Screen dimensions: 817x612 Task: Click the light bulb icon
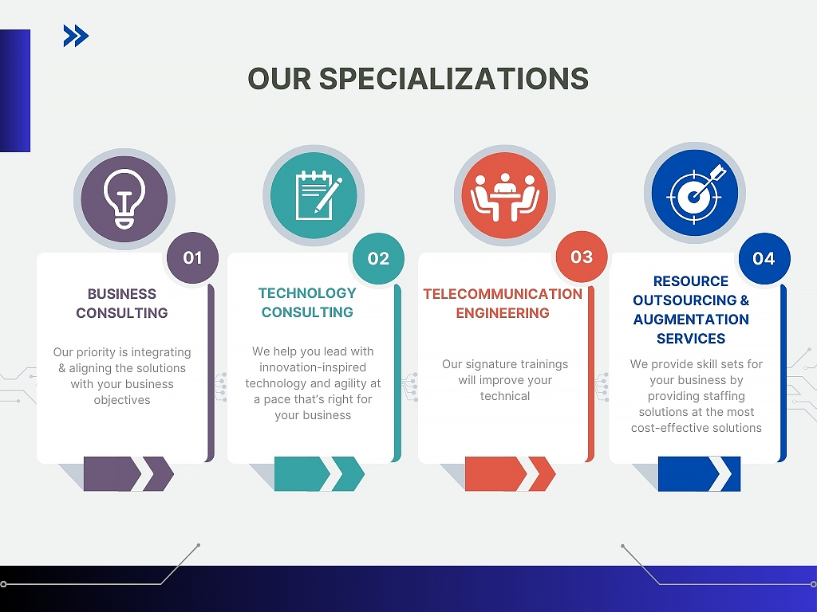124,198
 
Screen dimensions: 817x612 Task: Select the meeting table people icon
504,198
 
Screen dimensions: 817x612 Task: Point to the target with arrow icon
696,194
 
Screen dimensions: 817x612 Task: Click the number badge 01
192,257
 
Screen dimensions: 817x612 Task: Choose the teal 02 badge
378,258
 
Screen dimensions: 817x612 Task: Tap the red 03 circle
582,257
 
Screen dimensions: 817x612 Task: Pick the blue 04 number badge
764,258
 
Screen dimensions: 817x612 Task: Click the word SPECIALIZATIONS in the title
453,79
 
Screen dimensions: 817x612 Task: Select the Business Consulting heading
122,303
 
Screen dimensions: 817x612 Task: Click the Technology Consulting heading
307,302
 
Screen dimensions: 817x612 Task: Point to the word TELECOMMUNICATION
503,293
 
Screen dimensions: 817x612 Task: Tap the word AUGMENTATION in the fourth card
691,319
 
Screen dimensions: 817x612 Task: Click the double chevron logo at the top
76,36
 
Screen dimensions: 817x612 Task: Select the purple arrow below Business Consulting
128,474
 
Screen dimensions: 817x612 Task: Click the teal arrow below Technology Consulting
319,474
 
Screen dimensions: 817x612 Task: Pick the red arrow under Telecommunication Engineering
510,474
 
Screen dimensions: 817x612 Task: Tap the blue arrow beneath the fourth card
699,474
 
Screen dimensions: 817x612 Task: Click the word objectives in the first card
122,400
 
